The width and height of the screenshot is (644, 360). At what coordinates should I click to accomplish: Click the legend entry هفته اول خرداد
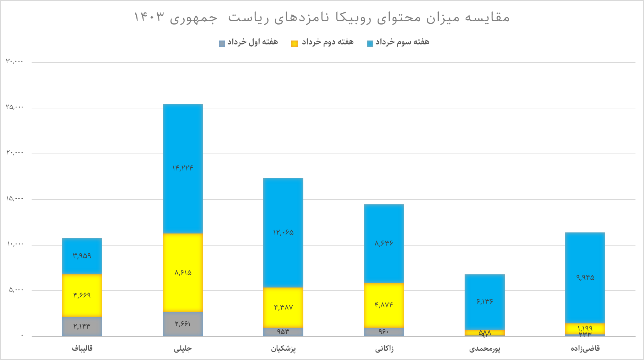[x=253, y=42]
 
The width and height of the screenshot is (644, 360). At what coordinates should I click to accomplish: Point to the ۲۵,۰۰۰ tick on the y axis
[x=15, y=107]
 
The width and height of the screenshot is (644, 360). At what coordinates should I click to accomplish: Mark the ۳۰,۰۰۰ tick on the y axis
[x=15, y=61]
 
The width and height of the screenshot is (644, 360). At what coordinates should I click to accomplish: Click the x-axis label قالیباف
[x=82, y=348]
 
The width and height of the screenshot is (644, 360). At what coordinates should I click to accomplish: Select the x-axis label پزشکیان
[x=283, y=349]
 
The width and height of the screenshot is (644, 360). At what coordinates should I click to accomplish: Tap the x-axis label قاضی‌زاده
[x=585, y=349]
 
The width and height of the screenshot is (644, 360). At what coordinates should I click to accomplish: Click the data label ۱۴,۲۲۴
[x=183, y=168]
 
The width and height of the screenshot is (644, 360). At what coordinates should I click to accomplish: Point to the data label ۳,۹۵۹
[x=82, y=256]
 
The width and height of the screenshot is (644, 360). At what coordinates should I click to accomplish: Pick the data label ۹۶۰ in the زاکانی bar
[x=384, y=332]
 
